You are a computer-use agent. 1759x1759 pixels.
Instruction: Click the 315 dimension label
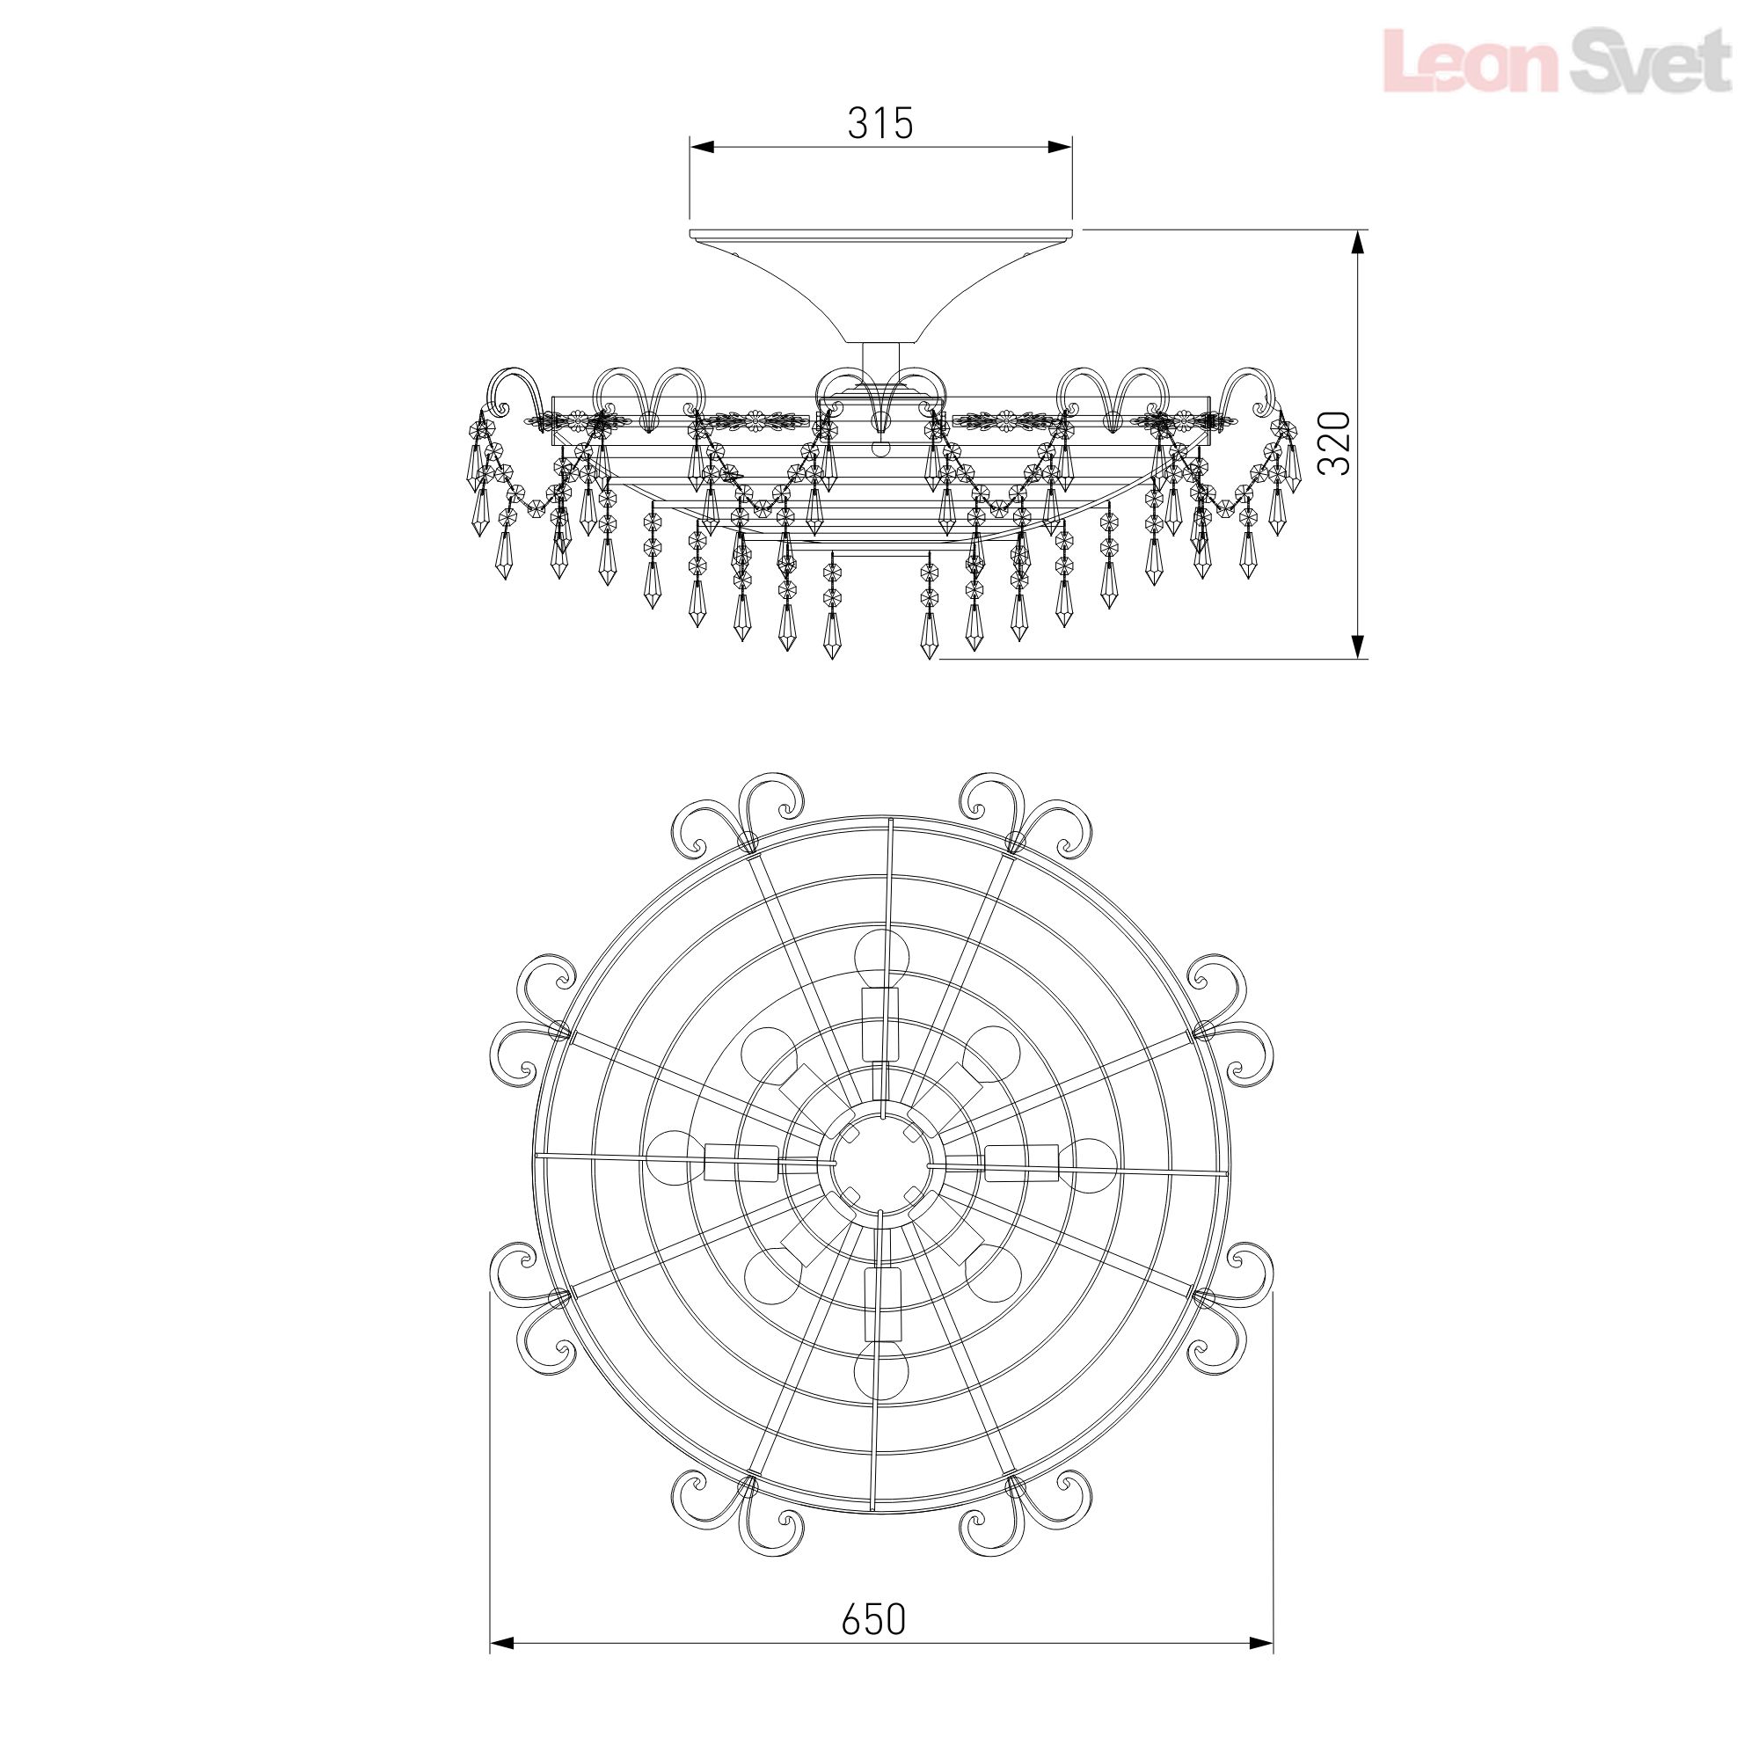(880, 123)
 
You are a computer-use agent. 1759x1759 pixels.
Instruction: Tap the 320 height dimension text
(1335, 442)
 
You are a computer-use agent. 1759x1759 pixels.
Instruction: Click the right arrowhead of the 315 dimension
(1061, 147)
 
